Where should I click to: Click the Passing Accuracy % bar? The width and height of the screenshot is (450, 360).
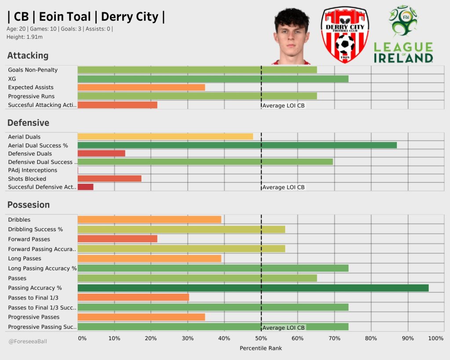(x=253, y=288)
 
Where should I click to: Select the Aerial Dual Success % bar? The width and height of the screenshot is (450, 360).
(x=237, y=145)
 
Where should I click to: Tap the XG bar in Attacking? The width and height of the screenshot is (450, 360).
(x=213, y=79)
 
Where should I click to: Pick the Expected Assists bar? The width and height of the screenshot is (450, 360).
(x=141, y=87)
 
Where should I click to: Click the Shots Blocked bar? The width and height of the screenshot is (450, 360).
(x=109, y=178)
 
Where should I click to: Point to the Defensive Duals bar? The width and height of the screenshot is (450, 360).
(x=101, y=153)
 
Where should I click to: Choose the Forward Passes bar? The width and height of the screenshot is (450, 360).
(x=117, y=239)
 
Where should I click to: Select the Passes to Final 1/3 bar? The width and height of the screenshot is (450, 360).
(x=133, y=298)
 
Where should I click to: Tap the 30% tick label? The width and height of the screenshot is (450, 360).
(x=188, y=338)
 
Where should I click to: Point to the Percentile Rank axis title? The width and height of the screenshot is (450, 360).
(x=261, y=348)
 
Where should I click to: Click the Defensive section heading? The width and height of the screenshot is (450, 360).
(x=28, y=123)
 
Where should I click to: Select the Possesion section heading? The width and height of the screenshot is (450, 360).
(x=29, y=205)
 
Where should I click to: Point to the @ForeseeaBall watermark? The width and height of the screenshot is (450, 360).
(x=27, y=341)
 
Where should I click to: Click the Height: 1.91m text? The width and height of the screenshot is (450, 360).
(x=24, y=37)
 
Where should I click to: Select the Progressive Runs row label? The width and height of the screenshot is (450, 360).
(x=31, y=96)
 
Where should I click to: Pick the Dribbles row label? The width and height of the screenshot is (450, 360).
(x=19, y=220)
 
